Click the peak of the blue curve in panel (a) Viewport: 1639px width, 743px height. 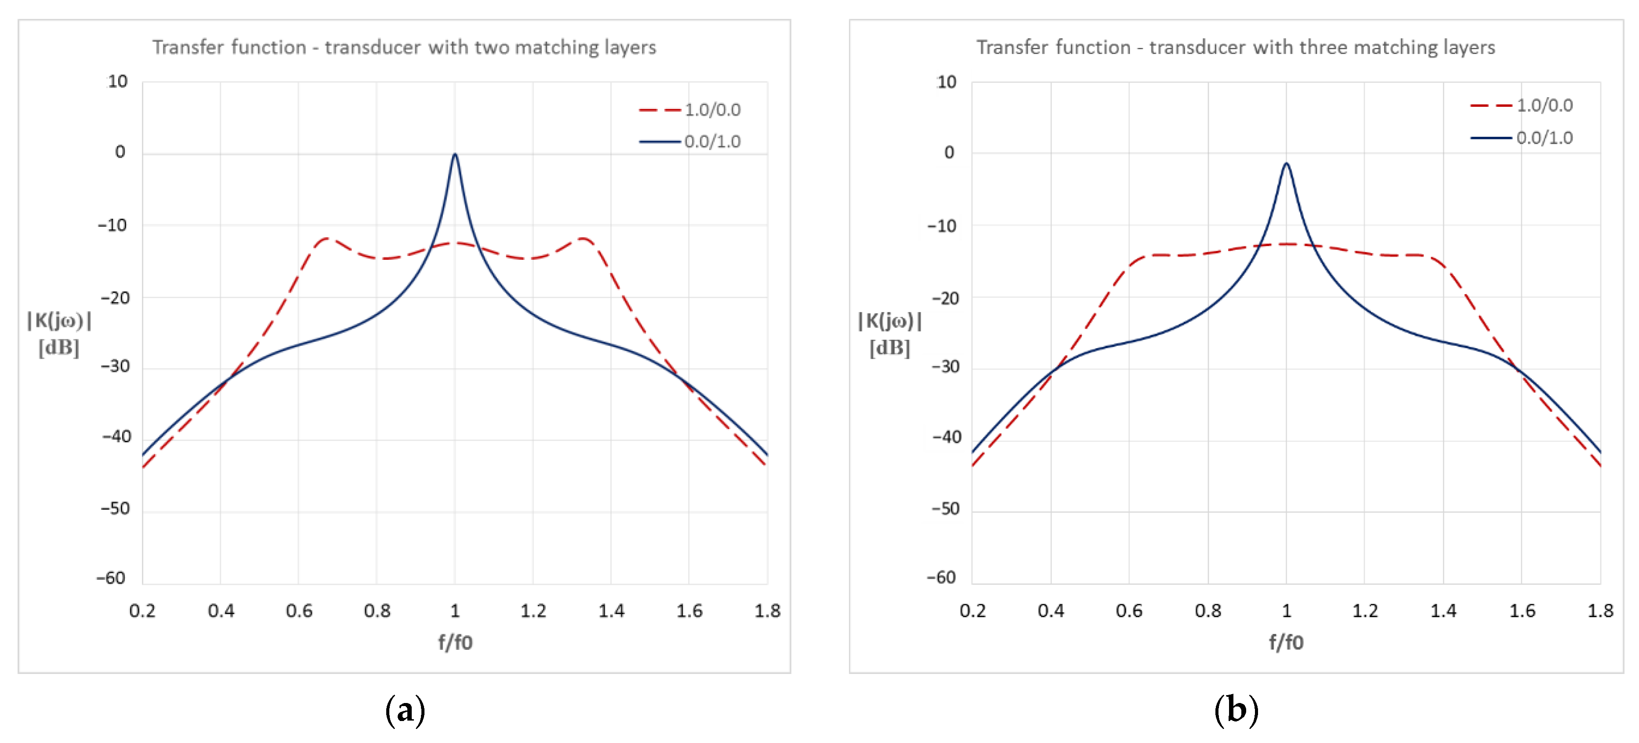coord(454,155)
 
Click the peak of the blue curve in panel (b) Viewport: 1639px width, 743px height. coord(1286,164)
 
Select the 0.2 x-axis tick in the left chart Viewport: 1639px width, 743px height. coord(142,611)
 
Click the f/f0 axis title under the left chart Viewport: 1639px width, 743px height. coord(455,642)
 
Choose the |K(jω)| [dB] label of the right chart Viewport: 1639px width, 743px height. coord(889,334)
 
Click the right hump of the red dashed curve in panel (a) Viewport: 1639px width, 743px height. coord(584,239)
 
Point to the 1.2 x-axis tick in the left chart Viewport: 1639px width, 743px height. coord(533,611)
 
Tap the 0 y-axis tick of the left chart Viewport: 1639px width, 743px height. coord(120,152)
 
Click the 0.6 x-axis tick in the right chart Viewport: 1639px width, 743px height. coord(1129,611)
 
